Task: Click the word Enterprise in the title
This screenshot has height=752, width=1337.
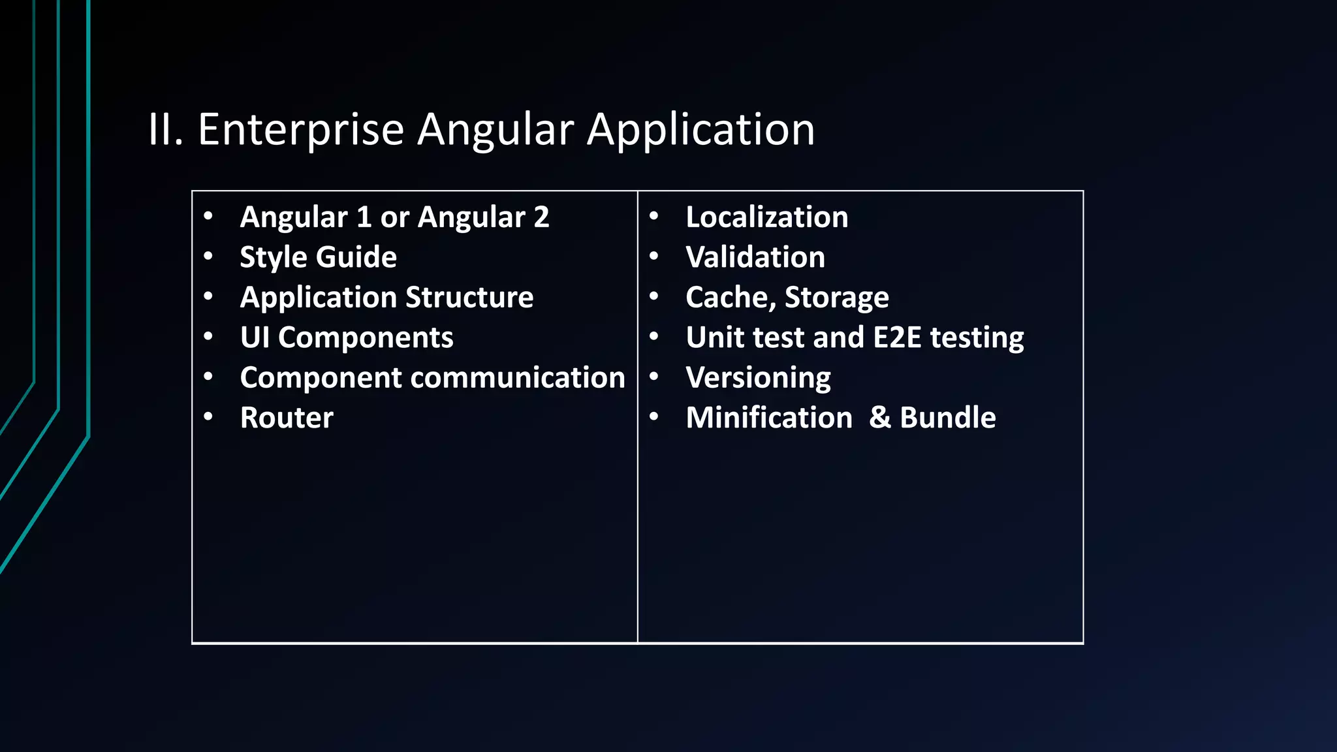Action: pyautogui.click(x=300, y=130)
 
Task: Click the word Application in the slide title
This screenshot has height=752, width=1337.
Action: pyautogui.click(x=700, y=130)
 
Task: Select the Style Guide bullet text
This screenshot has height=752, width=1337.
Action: pyautogui.click(x=318, y=257)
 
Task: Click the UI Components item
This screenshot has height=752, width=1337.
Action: pyautogui.click(x=346, y=337)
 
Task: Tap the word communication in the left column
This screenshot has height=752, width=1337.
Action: pyautogui.click(x=518, y=378)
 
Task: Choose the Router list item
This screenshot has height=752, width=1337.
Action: pyautogui.click(x=287, y=418)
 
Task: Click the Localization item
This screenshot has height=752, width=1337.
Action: pyautogui.click(x=766, y=217)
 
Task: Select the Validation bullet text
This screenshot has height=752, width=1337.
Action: pyautogui.click(x=755, y=257)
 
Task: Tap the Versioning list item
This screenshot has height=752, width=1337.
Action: pyautogui.click(x=758, y=378)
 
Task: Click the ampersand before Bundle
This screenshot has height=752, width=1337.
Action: pyautogui.click(x=879, y=418)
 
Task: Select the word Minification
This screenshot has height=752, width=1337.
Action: pyautogui.click(x=769, y=418)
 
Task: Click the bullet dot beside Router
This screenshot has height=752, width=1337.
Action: pyautogui.click(x=208, y=416)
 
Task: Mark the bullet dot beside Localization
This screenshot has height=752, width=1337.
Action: pyautogui.click(x=653, y=216)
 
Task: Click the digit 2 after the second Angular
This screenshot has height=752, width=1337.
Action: pyautogui.click(x=541, y=217)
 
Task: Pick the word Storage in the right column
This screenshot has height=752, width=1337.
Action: pyautogui.click(x=836, y=298)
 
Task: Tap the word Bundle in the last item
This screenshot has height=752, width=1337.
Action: pyautogui.click(x=947, y=418)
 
